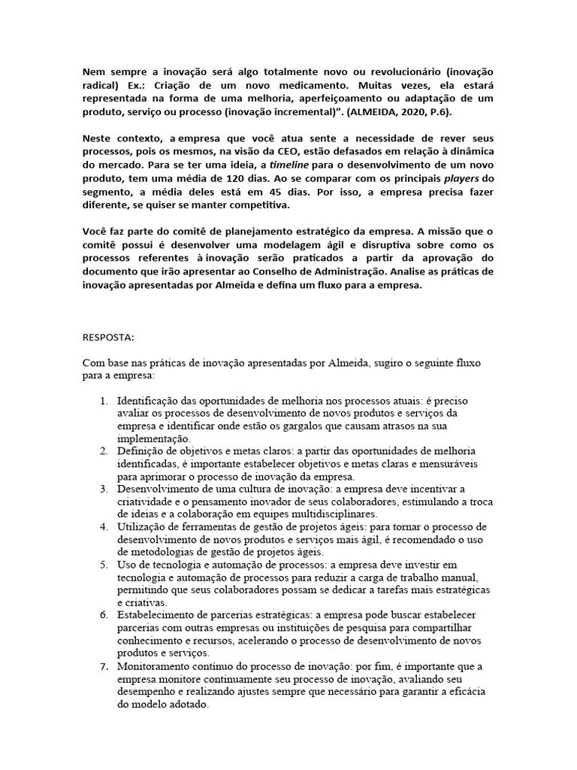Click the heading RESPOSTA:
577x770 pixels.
[107, 336]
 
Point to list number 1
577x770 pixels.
[104, 401]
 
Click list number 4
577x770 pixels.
[104, 526]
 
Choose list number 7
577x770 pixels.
[104, 667]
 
